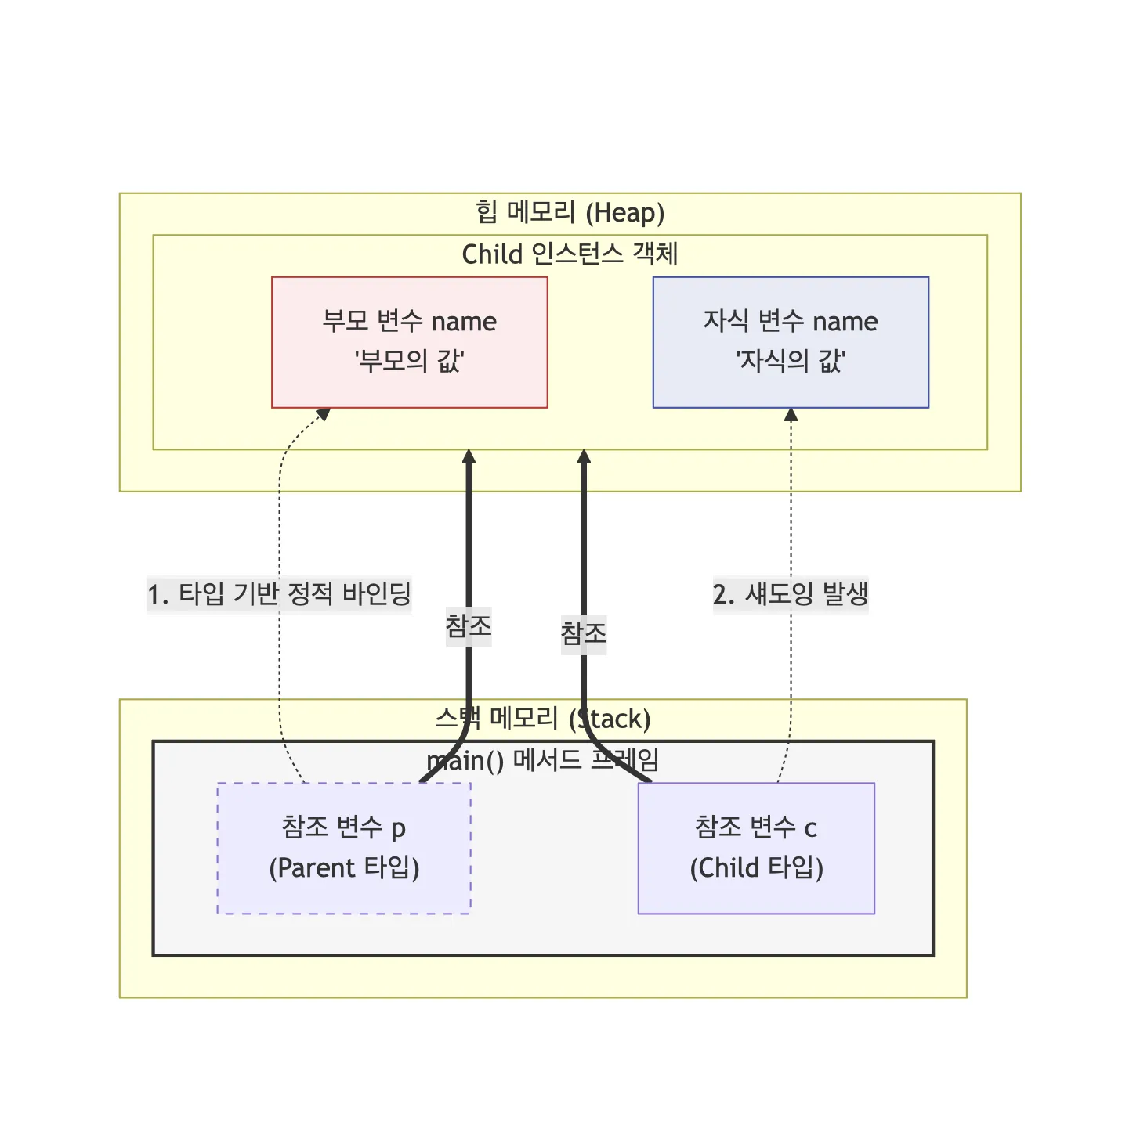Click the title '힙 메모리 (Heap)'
point(570,212)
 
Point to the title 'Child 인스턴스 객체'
point(570,254)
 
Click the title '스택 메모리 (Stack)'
point(543,718)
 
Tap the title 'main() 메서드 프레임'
point(543,759)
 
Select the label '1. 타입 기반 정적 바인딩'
point(279,593)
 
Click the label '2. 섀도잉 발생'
point(791,593)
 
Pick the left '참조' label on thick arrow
point(469,625)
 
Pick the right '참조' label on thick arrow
point(584,632)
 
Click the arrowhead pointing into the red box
point(323,414)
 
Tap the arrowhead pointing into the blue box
point(791,415)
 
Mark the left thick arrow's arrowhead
point(469,456)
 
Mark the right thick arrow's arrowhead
point(584,456)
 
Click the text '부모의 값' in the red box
point(409,361)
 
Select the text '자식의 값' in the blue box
point(790,361)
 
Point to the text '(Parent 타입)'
point(344,868)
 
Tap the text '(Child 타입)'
point(756,868)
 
